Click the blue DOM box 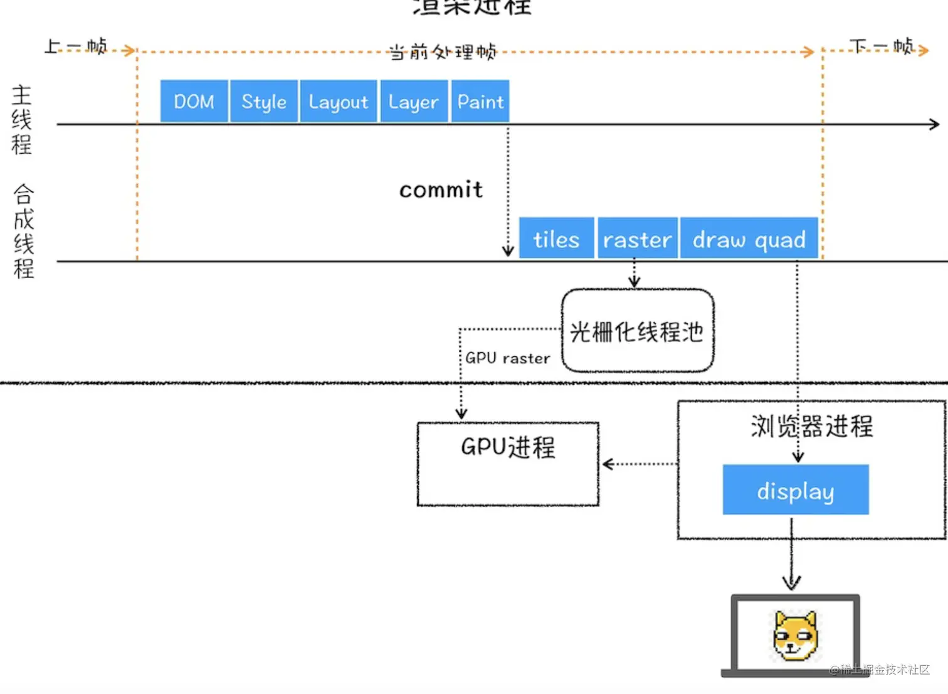click(x=194, y=101)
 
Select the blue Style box click(x=263, y=101)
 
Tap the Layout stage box click(x=338, y=101)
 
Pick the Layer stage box click(x=413, y=101)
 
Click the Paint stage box click(x=480, y=101)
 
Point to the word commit click(x=441, y=190)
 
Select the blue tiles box click(x=556, y=238)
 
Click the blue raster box click(x=637, y=238)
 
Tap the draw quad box click(x=749, y=238)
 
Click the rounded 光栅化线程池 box click(x=637, y=331)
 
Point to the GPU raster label click(x=507, y=358)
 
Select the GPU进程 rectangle click(x=508, y=464)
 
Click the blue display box click(x=795, y=490)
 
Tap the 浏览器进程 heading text click(x=811, y=426)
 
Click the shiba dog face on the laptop click(x=795, y=636)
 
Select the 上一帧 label click(x=76, y=46)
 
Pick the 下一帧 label click(x=881, y=46)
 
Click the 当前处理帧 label click(x=442, y=51)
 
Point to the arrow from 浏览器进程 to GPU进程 click(x=638, y=464)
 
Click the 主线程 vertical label click(x=21, y=119)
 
